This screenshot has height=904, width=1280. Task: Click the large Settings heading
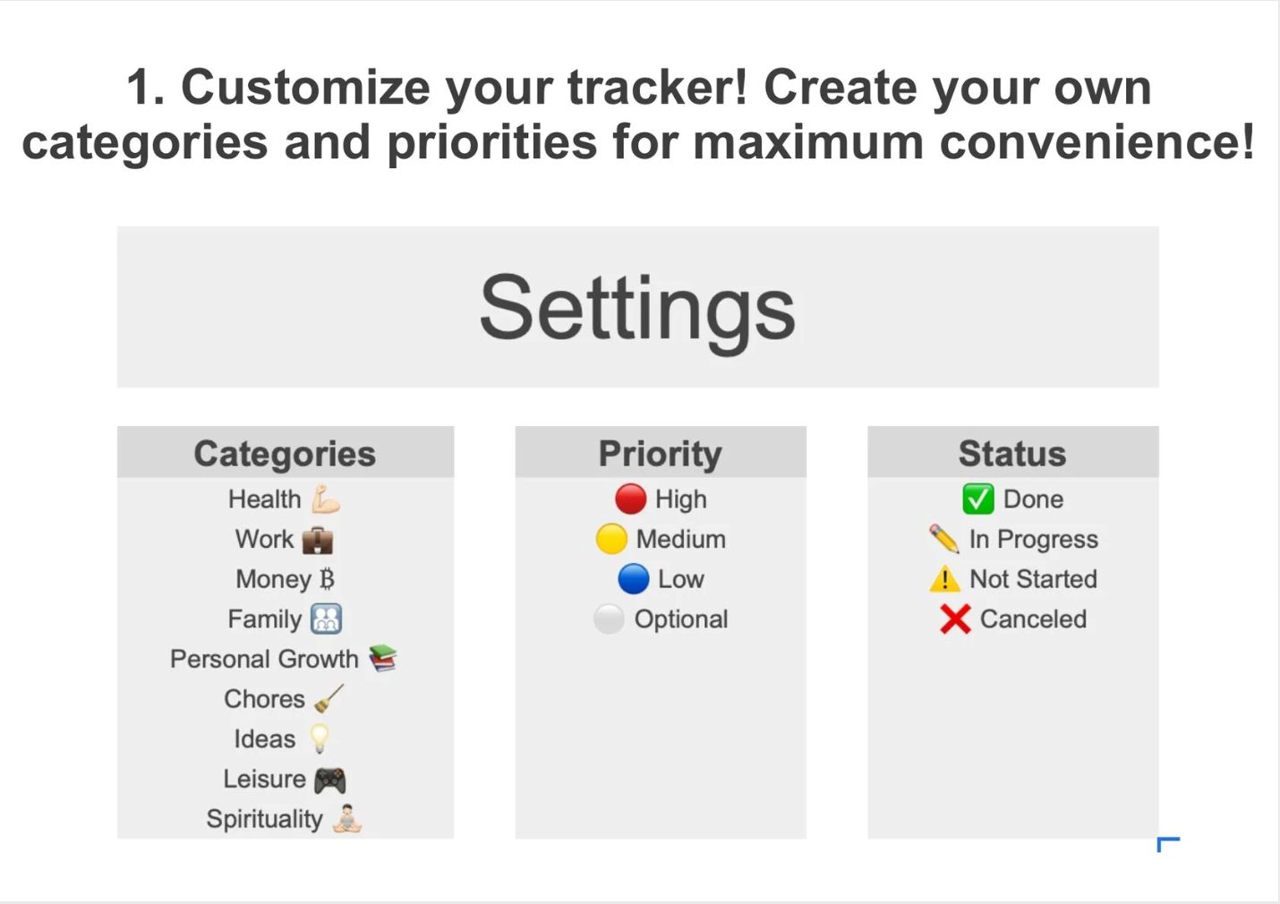coord(637,308)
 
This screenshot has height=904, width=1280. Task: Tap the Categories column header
coord(285,454)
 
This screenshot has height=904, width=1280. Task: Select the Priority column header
coord(660,454)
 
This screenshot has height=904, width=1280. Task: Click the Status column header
coord(1012,454)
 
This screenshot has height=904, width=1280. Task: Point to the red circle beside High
coord(630,499)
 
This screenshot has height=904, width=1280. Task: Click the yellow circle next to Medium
coord(611,539)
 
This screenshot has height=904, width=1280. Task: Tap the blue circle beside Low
coord(633,579)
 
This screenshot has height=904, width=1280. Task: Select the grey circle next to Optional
coord(609,618)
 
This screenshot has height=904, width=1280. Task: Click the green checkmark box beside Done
coord(977,499)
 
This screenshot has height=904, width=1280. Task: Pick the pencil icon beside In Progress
coord(943,539)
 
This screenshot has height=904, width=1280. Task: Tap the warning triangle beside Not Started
coord(944,579)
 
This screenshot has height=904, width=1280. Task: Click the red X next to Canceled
coord(955,618)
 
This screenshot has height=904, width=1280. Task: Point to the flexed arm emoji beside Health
coord(326,499)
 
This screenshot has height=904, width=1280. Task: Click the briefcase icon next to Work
coord(318,540)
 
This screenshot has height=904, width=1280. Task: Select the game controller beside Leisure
coord(329,780)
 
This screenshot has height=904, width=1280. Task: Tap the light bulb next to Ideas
coord(319,739)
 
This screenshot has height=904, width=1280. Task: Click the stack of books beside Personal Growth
coord(383,659)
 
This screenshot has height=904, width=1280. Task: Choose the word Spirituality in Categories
coord(264,819)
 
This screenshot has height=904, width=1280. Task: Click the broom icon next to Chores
coord(329,698)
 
